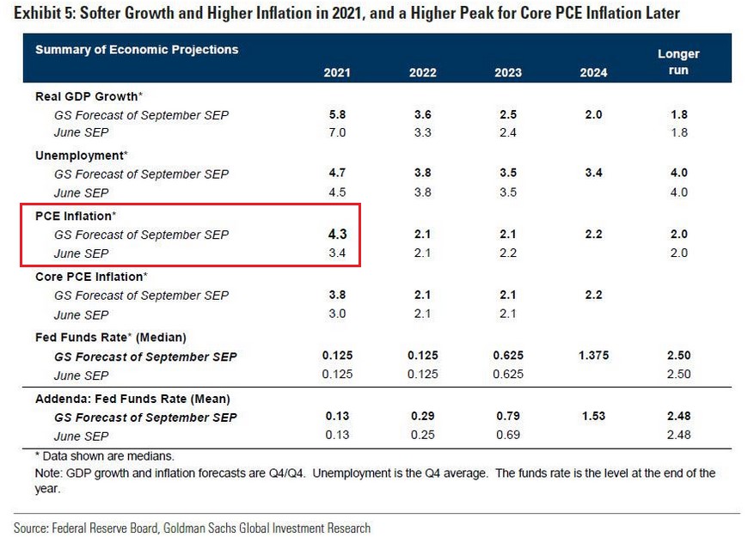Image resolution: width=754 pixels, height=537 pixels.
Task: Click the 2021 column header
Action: (337, 72)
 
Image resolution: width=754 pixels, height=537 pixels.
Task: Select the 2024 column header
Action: (593, 72)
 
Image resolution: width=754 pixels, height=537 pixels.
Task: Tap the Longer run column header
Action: (678, 62)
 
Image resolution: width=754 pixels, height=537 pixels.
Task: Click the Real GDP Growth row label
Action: (89, 96)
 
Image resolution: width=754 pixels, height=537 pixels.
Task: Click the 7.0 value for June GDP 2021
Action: (337, 132)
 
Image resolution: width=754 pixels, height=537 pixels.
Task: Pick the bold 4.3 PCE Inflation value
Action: (337, 234)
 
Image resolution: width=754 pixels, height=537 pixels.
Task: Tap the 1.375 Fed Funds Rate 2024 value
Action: (593, 356)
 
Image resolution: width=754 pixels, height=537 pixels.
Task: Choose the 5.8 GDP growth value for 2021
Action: (337, 114)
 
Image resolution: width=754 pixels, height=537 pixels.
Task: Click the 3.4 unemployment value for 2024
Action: (593, 174)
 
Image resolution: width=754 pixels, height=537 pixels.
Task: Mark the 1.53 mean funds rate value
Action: (593, 417)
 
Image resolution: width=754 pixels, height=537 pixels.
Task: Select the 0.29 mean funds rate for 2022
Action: (423, 417)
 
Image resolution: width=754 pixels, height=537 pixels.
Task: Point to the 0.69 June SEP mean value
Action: (508, 436)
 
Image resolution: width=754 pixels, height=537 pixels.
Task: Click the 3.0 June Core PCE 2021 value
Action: (337, 314)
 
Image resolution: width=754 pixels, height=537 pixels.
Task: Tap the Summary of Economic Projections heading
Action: (137, 50)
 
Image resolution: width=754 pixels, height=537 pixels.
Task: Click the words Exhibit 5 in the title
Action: (44, 13)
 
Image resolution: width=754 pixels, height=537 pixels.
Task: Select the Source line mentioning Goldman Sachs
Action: (192, 527)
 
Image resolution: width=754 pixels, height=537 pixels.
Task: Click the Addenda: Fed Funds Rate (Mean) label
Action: (132, 399)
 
